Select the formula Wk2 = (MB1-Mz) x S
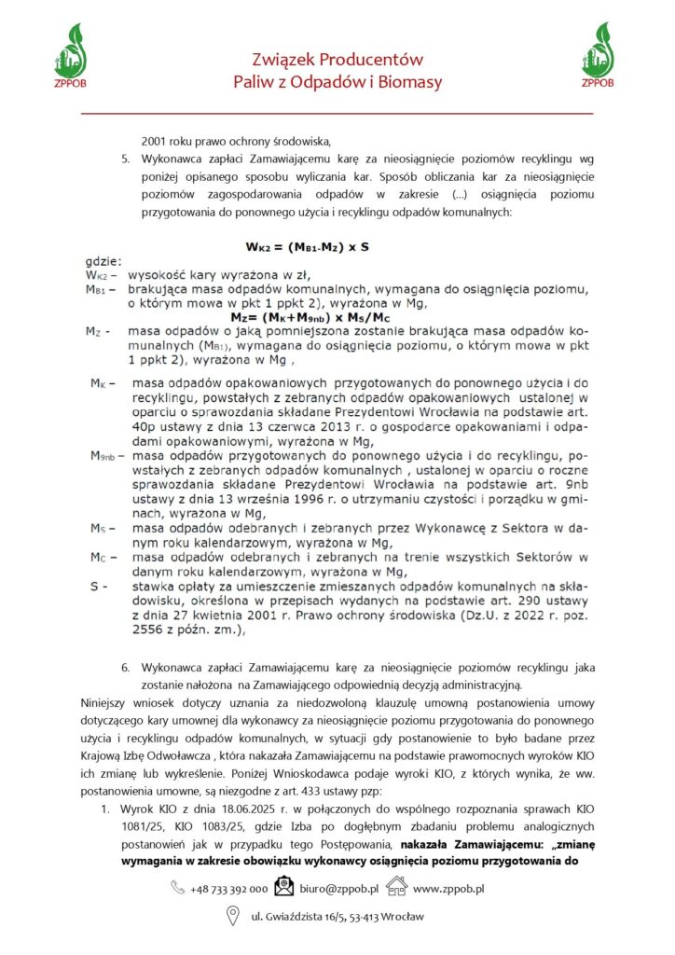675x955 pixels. tap(308, 247)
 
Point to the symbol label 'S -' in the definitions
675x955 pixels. tap(98, 587)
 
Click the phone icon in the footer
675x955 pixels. tap(177, 889)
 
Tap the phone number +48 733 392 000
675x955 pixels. tap(228, 890)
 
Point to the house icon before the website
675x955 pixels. tap(397, 889)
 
